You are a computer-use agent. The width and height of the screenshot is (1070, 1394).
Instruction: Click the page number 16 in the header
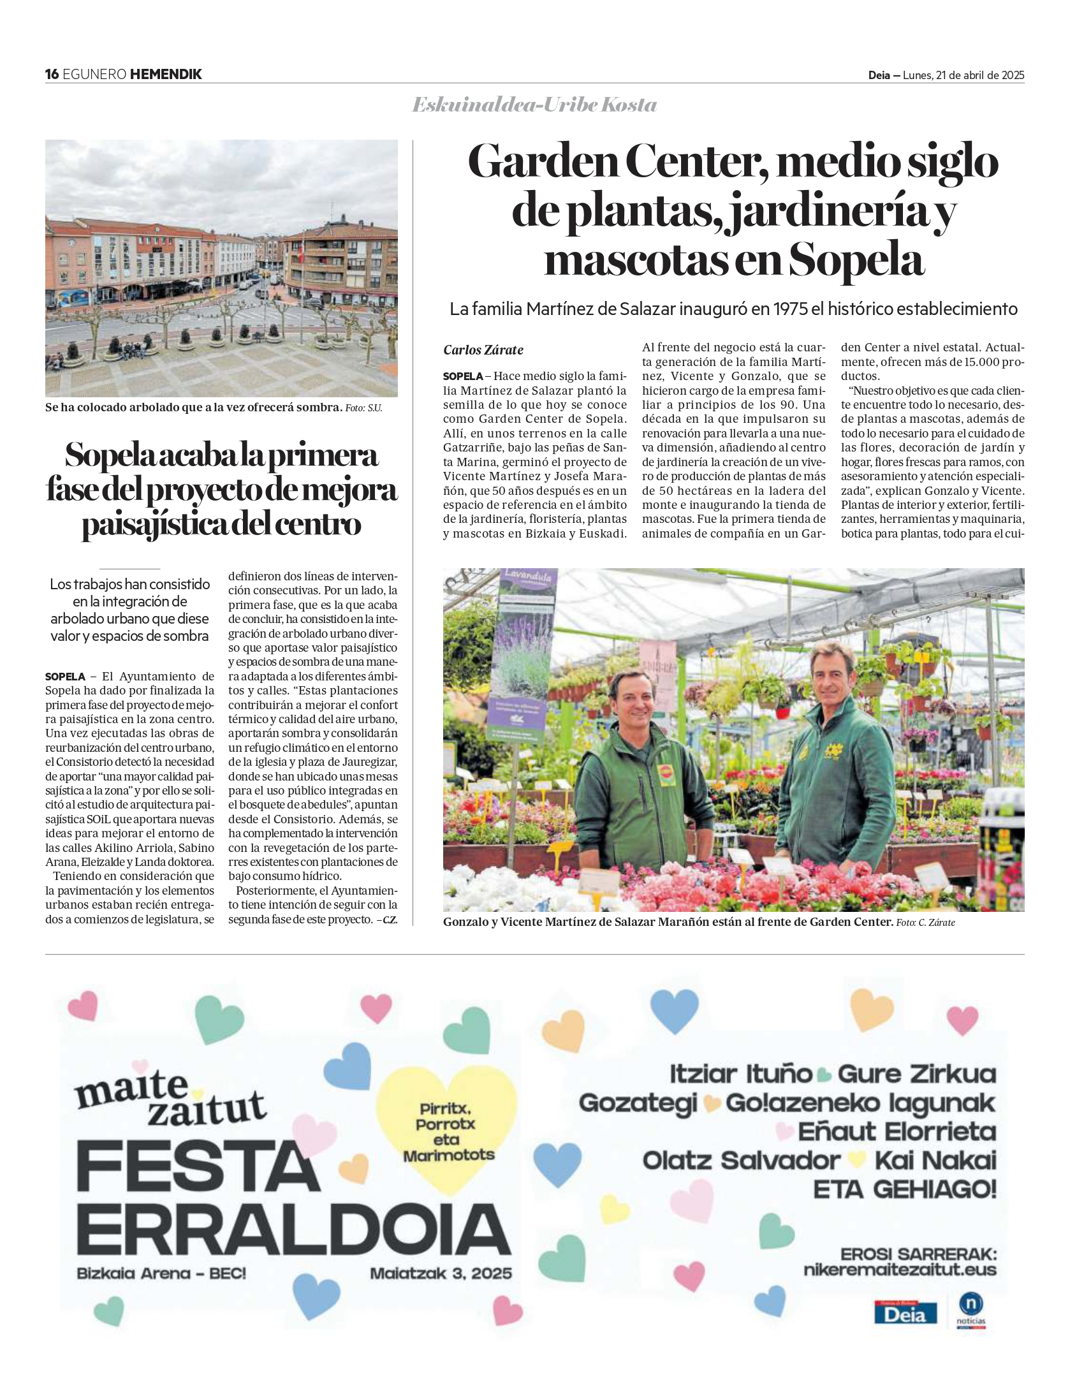coord(52,74)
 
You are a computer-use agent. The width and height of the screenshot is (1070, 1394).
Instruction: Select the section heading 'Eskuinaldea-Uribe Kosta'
coord(534,105)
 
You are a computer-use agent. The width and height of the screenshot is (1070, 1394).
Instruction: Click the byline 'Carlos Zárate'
coord(483,349)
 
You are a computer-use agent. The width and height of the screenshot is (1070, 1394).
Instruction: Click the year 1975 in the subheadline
coord(789,309)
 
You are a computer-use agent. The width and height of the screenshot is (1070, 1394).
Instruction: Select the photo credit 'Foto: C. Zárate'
coord(925,923)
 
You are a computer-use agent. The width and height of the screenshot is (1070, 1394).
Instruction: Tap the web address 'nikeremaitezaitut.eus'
coord(900,1269)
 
